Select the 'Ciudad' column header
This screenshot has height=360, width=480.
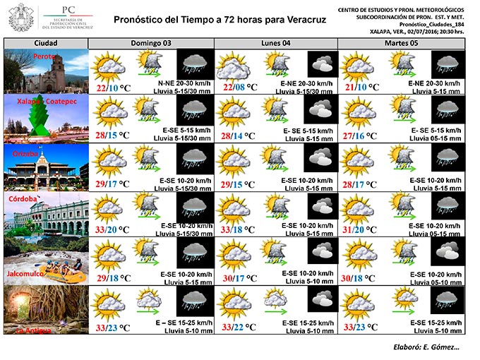[x=46, y=43]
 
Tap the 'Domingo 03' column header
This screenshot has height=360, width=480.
[x=150, y=43]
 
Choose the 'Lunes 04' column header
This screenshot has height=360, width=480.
[x=275, y=43]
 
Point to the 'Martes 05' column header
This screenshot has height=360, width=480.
[x=400, y=43]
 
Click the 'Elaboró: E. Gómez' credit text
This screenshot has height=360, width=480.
[x=426, y=347]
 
